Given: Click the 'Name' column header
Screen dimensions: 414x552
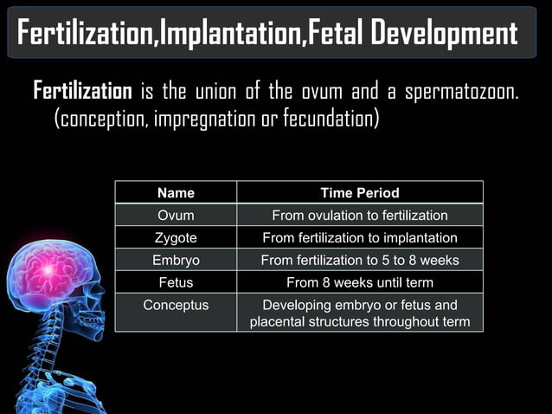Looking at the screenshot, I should pos(176,192).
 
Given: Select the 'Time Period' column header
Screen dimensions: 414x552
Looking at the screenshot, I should pos(360,192).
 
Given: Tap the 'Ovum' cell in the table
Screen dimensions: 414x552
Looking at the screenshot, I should pos(176,215).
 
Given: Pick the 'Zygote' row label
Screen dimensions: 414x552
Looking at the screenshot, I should pos(176,237).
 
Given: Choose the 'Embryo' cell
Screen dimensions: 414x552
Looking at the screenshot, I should pos(176,260).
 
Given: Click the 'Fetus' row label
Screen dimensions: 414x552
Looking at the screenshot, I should pos(176,282).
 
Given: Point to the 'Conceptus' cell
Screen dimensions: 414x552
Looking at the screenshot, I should pos(176,305).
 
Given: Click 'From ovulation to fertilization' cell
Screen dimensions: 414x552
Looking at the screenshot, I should pos(360,215).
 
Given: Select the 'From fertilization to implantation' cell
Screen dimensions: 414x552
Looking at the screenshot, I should pos(360,237).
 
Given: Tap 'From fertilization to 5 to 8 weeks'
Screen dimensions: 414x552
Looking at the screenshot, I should pos(360,260).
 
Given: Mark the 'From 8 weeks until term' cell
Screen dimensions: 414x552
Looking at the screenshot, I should pos(360,282).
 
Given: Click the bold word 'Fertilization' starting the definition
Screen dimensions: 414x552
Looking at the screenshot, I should pos(82,91).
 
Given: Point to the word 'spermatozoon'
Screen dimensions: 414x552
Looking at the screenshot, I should pos(463,92).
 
